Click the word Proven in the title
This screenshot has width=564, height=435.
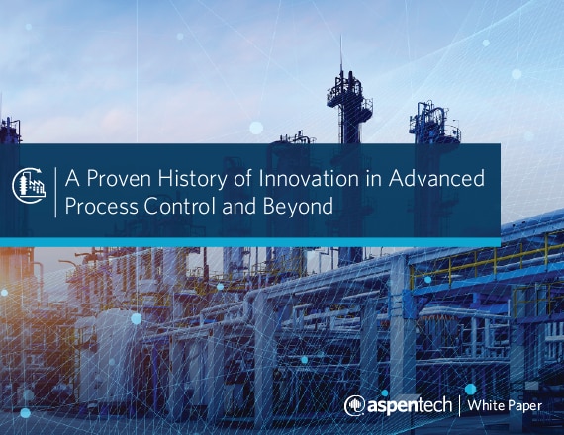point(119,179)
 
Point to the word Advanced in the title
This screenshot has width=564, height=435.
point(436,178)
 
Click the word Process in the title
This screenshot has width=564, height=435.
point(102,207)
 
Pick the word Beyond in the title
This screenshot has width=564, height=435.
point(298,207)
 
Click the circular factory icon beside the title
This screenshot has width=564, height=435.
point(29,185)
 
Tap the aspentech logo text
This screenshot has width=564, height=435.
point(410,405)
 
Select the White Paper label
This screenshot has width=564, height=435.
point(505,405)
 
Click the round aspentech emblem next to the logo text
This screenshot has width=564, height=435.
point(354,406)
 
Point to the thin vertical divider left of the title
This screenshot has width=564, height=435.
point(55,193)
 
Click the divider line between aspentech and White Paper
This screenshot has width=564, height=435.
point(459,405)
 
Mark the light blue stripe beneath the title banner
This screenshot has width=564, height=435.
point(250,242)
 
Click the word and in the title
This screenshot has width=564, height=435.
point(240,206)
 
